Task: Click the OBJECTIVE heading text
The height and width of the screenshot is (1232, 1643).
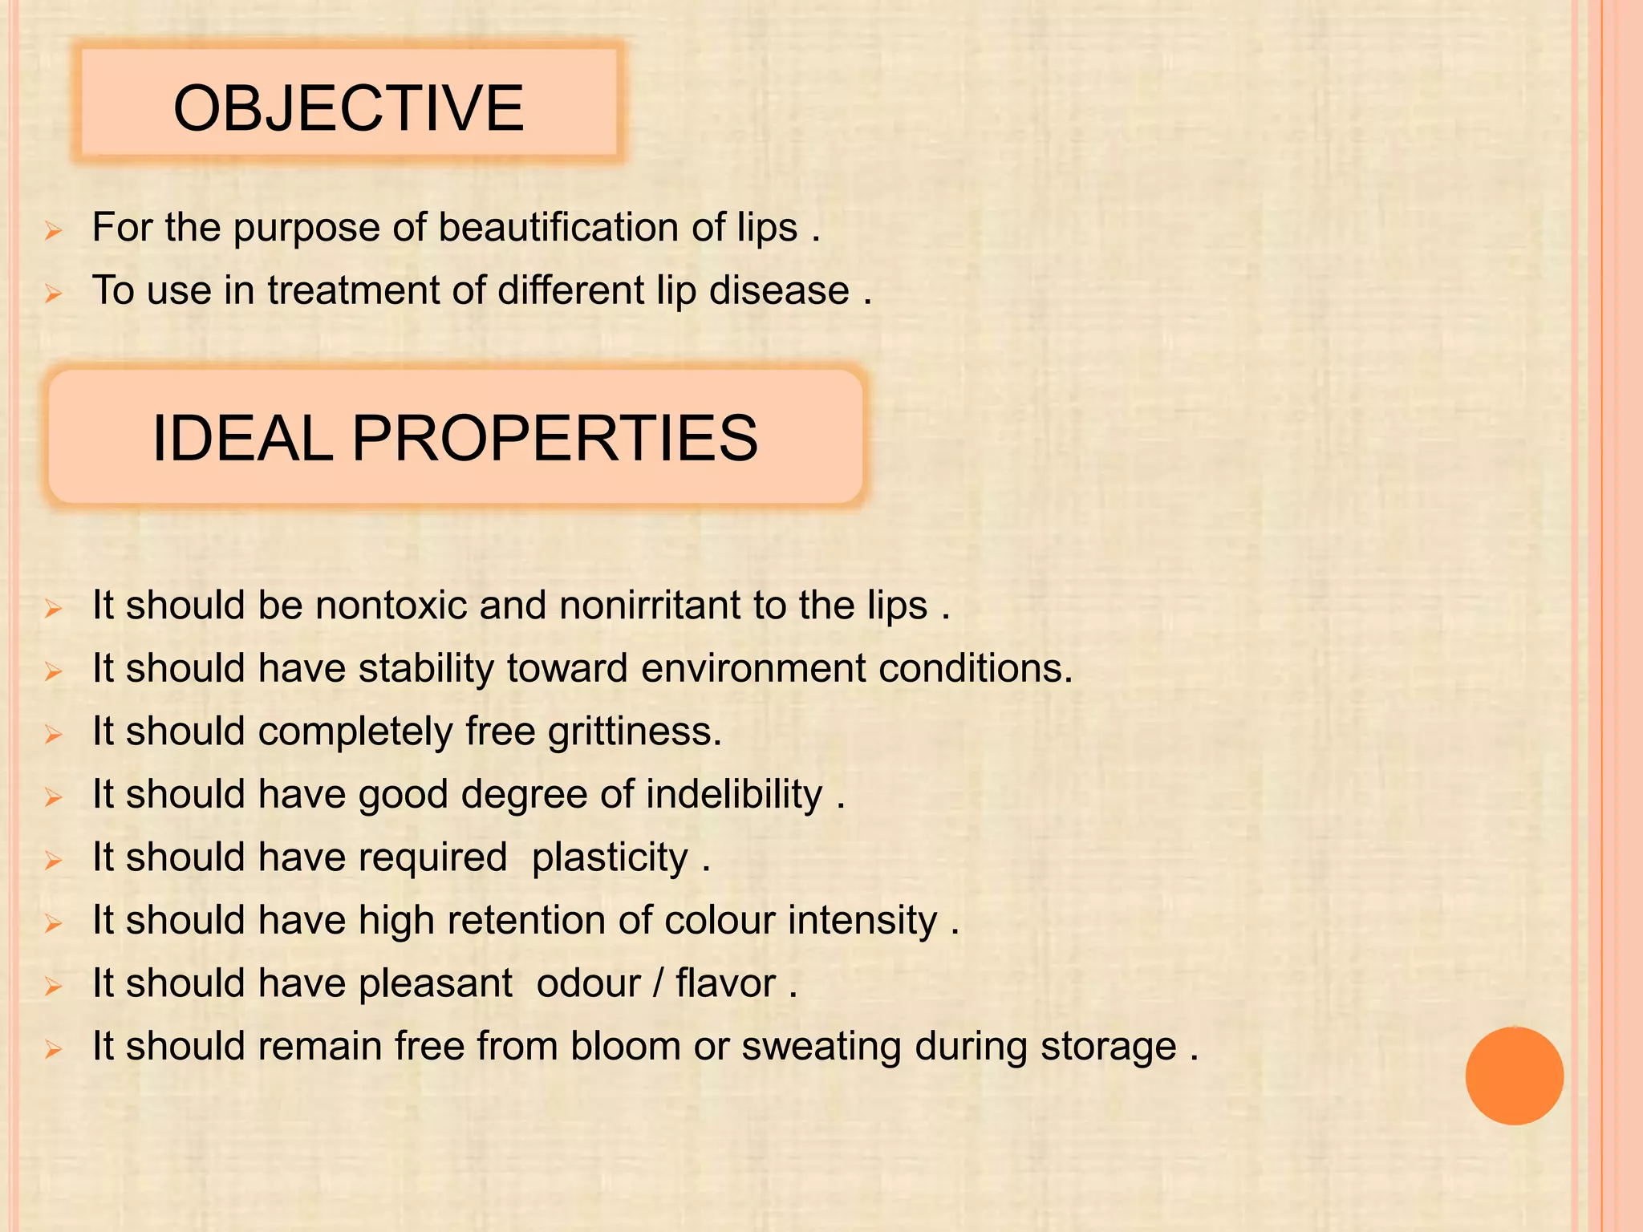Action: click(348, 108)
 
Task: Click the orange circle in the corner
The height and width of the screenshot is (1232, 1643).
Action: click(1514, 1076)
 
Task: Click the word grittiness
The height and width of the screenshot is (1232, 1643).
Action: click(635, 731)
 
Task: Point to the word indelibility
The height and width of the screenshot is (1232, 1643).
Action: click(734, 794)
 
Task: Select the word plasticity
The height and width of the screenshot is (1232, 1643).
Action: click(610, 857)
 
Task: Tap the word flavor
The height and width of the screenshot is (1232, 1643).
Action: click(725, 983)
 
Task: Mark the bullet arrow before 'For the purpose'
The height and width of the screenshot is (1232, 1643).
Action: click(54, 232)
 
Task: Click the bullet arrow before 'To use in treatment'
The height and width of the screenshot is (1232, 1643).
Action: click(54, 294)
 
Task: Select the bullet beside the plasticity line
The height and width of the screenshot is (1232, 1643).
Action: click(54, 861)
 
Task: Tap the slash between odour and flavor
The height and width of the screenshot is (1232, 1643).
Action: click(658, 983)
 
